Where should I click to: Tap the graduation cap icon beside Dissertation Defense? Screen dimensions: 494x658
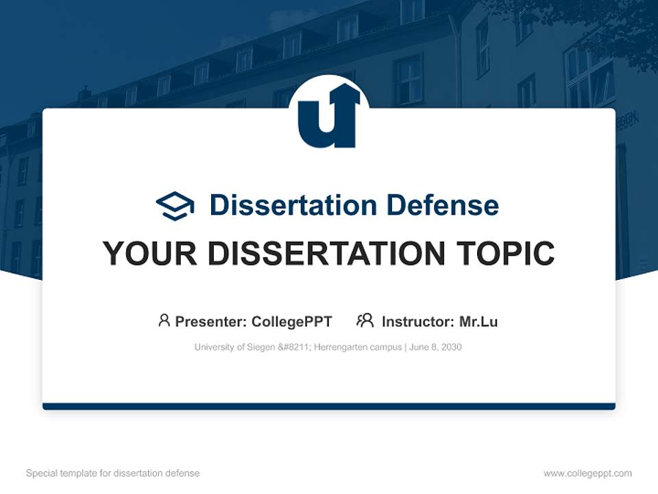(175, 205)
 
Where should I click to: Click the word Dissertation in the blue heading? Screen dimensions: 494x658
(293, 205)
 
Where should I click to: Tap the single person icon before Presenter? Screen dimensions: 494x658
(164, 320)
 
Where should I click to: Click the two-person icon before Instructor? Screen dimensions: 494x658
(365, 320)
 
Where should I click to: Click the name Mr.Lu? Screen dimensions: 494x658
(478, 321)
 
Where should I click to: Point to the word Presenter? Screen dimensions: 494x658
(211, 321)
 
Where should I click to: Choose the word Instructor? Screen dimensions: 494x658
(417, 321)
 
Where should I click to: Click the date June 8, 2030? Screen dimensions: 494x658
(437, 347)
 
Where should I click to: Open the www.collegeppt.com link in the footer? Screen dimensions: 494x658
(587, 473)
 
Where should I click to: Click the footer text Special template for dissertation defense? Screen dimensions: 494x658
(112, 473)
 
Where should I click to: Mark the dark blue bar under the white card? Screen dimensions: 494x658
(329, 406)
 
